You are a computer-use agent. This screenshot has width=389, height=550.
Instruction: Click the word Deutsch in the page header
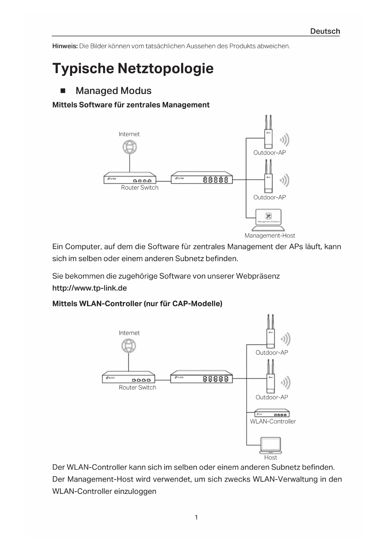[x=325, y=31]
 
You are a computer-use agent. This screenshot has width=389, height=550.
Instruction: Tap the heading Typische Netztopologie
[x=133, y=68]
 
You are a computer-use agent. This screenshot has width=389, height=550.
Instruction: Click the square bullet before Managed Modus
[x=63, y=91]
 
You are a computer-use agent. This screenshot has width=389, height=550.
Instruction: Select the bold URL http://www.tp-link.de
[x=89, y=288]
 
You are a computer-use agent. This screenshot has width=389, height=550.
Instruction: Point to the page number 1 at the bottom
[x=196, y=517]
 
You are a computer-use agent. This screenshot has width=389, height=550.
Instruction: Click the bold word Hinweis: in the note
[x=65, y=46]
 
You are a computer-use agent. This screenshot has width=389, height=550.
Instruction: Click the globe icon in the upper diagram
[x=129, y=147]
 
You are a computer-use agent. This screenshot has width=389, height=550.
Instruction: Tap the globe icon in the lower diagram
[x=129, y=346]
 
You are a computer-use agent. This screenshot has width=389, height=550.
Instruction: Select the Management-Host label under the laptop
[x=270, y=235]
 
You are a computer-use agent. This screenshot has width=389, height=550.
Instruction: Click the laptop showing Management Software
[x=268, y=219]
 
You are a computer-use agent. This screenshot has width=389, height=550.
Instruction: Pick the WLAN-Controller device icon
[x=271, y=413]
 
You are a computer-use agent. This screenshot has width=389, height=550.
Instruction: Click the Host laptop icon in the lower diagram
[x=271, y=445]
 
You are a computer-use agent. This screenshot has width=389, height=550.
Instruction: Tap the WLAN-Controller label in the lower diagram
[x=273, y=421]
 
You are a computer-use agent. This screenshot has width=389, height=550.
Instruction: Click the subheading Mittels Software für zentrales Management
[x=131, y=105]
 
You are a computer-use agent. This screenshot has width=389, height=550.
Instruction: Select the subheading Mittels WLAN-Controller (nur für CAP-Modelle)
[x=137, y=304]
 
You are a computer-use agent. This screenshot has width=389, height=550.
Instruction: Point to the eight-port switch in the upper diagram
[x=202, y=178]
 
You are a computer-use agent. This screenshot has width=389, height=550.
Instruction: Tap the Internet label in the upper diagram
[x=129, y=134]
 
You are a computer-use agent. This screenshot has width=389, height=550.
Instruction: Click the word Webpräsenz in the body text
[x=258, y=276]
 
